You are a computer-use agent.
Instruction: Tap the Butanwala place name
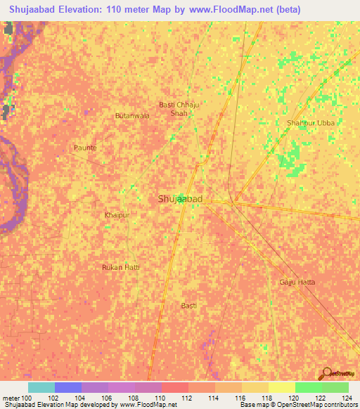point(132,115)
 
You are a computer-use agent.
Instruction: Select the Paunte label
point(85,148)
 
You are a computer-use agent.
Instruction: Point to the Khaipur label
point(117,214)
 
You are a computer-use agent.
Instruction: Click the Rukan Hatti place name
point(121,267)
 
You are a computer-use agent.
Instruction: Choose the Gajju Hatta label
point(293,282)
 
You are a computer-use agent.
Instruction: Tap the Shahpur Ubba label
point(311,123)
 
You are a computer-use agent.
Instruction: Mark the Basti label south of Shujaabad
point(188,305)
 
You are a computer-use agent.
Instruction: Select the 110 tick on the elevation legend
point(161,398)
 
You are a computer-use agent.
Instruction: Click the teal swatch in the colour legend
point(41,387)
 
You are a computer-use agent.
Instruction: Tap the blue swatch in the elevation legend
point(68,387)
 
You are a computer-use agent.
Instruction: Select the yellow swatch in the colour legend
point(281,387)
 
